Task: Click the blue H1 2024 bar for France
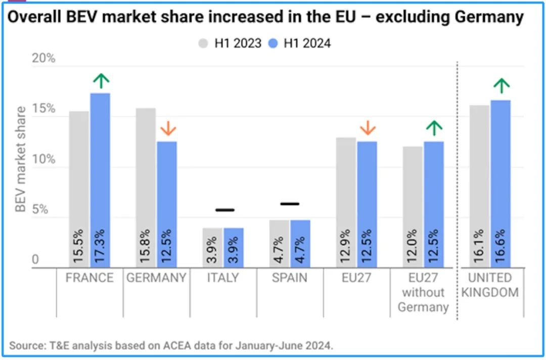click(x=100, y=180)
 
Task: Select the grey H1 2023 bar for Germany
click(x=146, y=188)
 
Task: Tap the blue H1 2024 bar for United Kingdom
click(x=500, y=184)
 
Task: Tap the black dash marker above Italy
click(x=224, y=210)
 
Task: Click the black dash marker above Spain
click(x=290, y=204)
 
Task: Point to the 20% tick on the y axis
click(x=44, y=59)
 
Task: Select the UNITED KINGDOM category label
click(x=489, y=285)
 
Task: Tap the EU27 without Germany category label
click(x=423, y=292)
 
